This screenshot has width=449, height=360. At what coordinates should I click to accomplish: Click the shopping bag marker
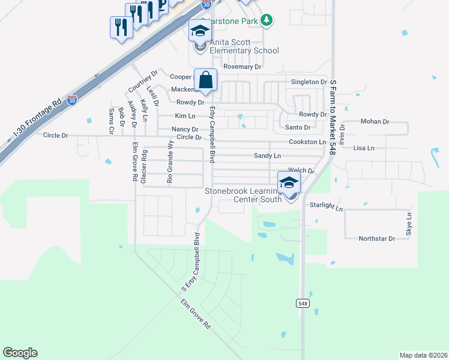pos(205,80)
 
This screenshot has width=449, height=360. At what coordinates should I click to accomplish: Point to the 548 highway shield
pos(303,304)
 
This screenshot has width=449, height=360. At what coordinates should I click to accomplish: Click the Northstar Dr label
pos(376,238)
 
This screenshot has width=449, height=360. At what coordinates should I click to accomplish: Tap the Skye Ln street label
pos(409,223)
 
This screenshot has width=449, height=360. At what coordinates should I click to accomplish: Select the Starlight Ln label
pos(326,206)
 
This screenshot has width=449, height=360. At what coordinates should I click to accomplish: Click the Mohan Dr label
pos(375,121)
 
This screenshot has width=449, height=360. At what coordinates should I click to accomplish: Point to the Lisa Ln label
pos(364,148)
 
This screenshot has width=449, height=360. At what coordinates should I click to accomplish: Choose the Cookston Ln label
pos(307,142)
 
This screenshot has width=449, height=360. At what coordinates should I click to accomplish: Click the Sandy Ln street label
pos(267,155)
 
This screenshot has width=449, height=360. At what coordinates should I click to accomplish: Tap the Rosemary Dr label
pos(243,67)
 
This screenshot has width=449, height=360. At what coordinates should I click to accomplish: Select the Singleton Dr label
pos(309,82)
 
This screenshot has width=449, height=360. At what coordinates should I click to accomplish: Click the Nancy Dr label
pos(185,129)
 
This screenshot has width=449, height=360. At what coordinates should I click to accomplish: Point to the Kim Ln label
pos(185,116)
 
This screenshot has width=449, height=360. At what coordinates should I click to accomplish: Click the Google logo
pos(20,353)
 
